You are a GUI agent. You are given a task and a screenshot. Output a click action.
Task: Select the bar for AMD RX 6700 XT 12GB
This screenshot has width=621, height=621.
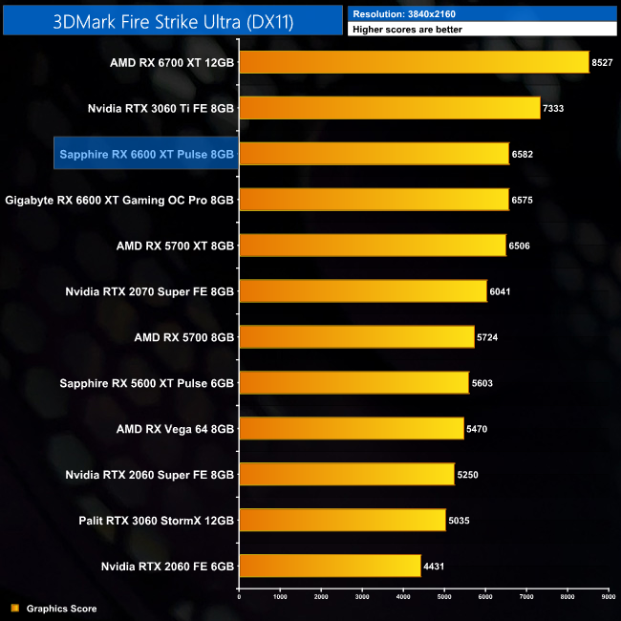414,63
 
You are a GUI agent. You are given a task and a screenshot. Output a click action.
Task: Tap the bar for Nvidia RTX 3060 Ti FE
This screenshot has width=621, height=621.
389,108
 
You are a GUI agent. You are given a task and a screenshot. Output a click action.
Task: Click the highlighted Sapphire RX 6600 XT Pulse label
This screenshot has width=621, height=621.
145,153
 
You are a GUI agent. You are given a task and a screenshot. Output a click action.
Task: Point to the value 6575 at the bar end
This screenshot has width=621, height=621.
528,200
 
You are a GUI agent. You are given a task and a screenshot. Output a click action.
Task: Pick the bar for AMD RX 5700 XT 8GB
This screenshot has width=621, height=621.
372,246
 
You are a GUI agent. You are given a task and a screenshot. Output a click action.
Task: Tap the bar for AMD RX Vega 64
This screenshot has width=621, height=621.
351,429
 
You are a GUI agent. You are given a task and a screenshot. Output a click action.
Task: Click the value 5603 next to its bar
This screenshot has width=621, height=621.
483,383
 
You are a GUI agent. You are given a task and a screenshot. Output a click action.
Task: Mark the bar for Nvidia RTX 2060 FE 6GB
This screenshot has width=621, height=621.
330,567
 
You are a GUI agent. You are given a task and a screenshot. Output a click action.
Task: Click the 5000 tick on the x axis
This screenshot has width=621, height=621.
444,597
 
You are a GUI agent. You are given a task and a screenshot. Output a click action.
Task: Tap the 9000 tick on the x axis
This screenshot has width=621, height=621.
609,597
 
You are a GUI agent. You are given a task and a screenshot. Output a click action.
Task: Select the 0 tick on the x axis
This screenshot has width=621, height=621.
239,597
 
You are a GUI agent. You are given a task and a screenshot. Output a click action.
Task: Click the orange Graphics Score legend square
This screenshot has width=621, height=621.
13,608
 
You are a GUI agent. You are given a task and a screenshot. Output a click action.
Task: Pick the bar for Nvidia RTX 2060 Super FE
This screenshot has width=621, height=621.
346,475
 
